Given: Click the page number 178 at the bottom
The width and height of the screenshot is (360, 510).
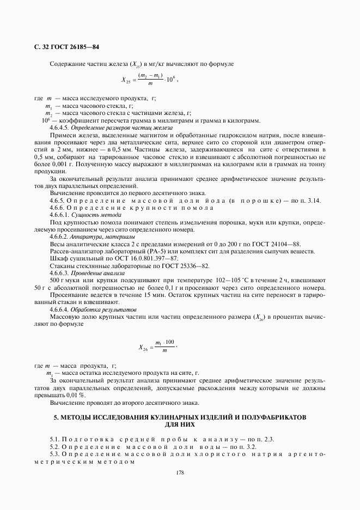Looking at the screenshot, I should (x=180, y=472).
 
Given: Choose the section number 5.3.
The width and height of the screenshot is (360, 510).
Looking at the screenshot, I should (x=54, y=454).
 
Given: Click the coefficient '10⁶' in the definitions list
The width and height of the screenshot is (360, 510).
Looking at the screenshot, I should (x=46, y=120).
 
